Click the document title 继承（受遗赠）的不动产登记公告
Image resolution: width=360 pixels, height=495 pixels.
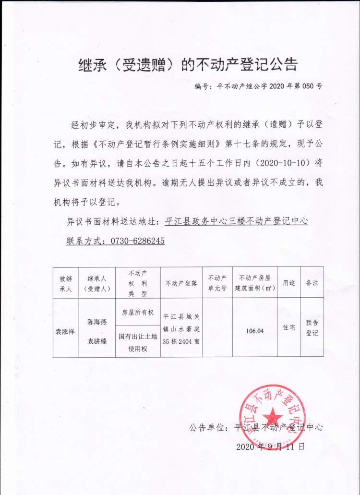(188, 65)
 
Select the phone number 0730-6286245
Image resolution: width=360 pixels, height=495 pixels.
(138, 241)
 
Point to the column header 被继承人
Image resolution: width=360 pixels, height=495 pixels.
(66, 283)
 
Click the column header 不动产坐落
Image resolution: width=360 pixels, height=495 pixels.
(181, 283)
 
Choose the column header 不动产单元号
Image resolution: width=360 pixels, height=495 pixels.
(217, 283)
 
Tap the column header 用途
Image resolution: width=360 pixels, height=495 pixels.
(288, 283)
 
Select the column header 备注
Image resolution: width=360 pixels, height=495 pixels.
(312, 283)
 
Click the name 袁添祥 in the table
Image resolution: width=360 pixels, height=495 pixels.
(66, 331)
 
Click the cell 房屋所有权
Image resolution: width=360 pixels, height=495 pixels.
(137, 313)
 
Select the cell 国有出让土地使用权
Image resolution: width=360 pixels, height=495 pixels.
(137, 342)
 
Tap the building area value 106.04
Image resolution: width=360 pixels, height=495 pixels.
(254, 331)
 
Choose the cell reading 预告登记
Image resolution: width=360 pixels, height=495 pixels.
(312, 328)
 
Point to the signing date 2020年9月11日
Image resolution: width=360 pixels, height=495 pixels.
(271, 446)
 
